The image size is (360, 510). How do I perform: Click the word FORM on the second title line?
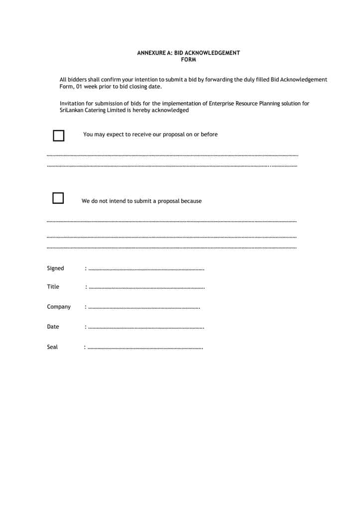tap(188, 60)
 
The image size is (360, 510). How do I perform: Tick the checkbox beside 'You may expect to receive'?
tap(59, 135)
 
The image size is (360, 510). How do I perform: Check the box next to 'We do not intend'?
tap(58, 198)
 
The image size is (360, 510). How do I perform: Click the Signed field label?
tap(55, 268)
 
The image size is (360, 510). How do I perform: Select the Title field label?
tap(53, 287)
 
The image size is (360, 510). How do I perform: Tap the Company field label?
tap(59, 307)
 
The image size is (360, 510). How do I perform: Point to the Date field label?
tap(53, 327)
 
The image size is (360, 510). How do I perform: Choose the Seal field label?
tap(52, 347)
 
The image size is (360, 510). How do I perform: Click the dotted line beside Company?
tap(144, 308)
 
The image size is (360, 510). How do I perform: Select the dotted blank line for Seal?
tap(145, 348)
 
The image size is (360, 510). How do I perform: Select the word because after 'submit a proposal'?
tap(191, 201)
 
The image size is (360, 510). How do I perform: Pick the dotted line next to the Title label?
tap(146, 288)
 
